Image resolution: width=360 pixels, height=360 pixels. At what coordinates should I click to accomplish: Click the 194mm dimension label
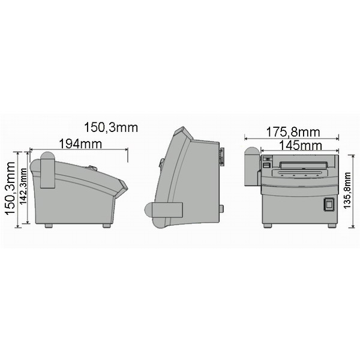tap(80, 144)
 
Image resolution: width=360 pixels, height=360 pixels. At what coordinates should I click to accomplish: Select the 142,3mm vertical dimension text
tap(23, 186)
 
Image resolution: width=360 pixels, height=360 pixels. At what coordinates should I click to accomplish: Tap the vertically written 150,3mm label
tap(10, 188)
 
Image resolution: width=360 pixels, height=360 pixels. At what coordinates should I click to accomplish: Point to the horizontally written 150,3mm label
tap(111, 127)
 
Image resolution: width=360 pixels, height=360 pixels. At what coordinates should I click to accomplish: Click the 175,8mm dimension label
tap(293, 132)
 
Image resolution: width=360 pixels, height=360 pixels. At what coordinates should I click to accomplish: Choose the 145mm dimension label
tap(301, 146)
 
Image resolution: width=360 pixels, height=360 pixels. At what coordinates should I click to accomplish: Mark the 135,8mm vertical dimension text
tap(347, 191)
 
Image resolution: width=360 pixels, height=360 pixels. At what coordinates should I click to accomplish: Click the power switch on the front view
tap(329, 205)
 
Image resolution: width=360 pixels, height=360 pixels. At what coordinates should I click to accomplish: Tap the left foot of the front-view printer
tap(267, 226)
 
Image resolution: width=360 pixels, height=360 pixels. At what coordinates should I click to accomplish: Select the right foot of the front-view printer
tap(332, 226)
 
